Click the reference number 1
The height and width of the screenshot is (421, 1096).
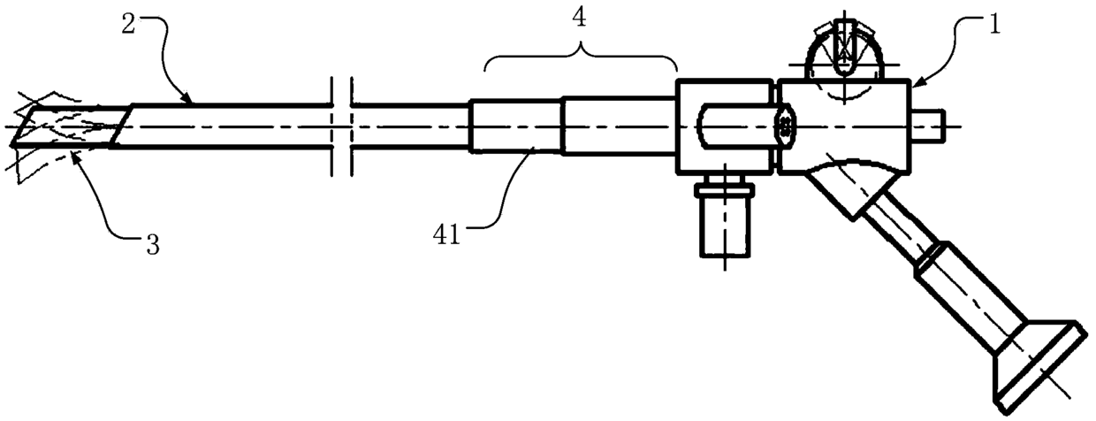[x=994, y=24]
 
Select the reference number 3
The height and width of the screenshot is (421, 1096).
[x=153, y=245]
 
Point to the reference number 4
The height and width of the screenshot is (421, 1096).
[x=579, y=19]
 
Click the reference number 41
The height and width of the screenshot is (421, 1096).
[x=446, y=235]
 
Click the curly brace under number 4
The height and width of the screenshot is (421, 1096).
[x=581, y=57]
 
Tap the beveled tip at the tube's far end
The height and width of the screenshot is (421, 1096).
[x=72, y=126]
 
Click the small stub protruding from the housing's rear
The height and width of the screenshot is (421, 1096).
[x=927, y=126]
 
